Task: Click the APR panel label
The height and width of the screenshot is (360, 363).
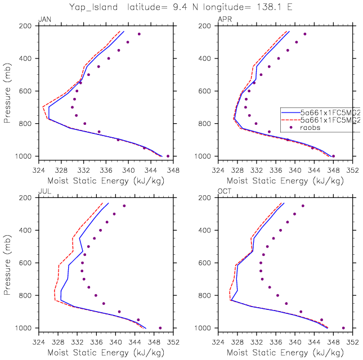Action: coord(223,20)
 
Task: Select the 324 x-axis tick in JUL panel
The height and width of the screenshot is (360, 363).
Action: coord(38,340)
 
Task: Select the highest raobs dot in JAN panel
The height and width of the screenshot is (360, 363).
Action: coord(139,34)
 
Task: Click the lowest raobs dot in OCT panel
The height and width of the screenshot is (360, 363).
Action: coord(343,328)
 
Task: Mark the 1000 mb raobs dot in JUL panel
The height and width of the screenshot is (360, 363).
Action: coord(160,328)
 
